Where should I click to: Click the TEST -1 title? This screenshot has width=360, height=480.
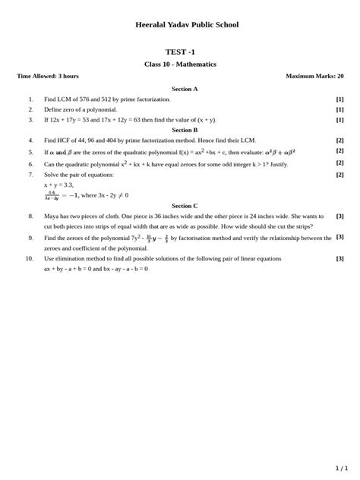180,52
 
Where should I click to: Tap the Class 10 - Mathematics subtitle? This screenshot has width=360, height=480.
180,64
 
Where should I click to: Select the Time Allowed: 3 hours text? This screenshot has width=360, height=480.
48,76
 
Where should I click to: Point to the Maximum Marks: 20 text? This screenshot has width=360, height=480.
314,76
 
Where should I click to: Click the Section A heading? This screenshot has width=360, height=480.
185,89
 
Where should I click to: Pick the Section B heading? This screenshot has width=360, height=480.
185,130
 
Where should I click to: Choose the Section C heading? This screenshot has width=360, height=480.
185,206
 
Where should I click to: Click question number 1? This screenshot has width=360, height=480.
31,99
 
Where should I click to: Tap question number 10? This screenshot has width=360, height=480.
29,258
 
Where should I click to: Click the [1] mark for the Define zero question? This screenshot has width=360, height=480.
339,109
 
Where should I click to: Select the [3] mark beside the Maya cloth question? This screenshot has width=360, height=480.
339,216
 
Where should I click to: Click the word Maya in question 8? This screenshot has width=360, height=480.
52,216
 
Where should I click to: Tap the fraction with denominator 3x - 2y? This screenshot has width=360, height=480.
52,195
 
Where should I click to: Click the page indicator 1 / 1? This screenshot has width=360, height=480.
341,468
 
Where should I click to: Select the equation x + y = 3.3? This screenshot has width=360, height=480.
58,185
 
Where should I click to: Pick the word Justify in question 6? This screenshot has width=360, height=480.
278,163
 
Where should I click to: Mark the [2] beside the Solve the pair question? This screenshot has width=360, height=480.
339,175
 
